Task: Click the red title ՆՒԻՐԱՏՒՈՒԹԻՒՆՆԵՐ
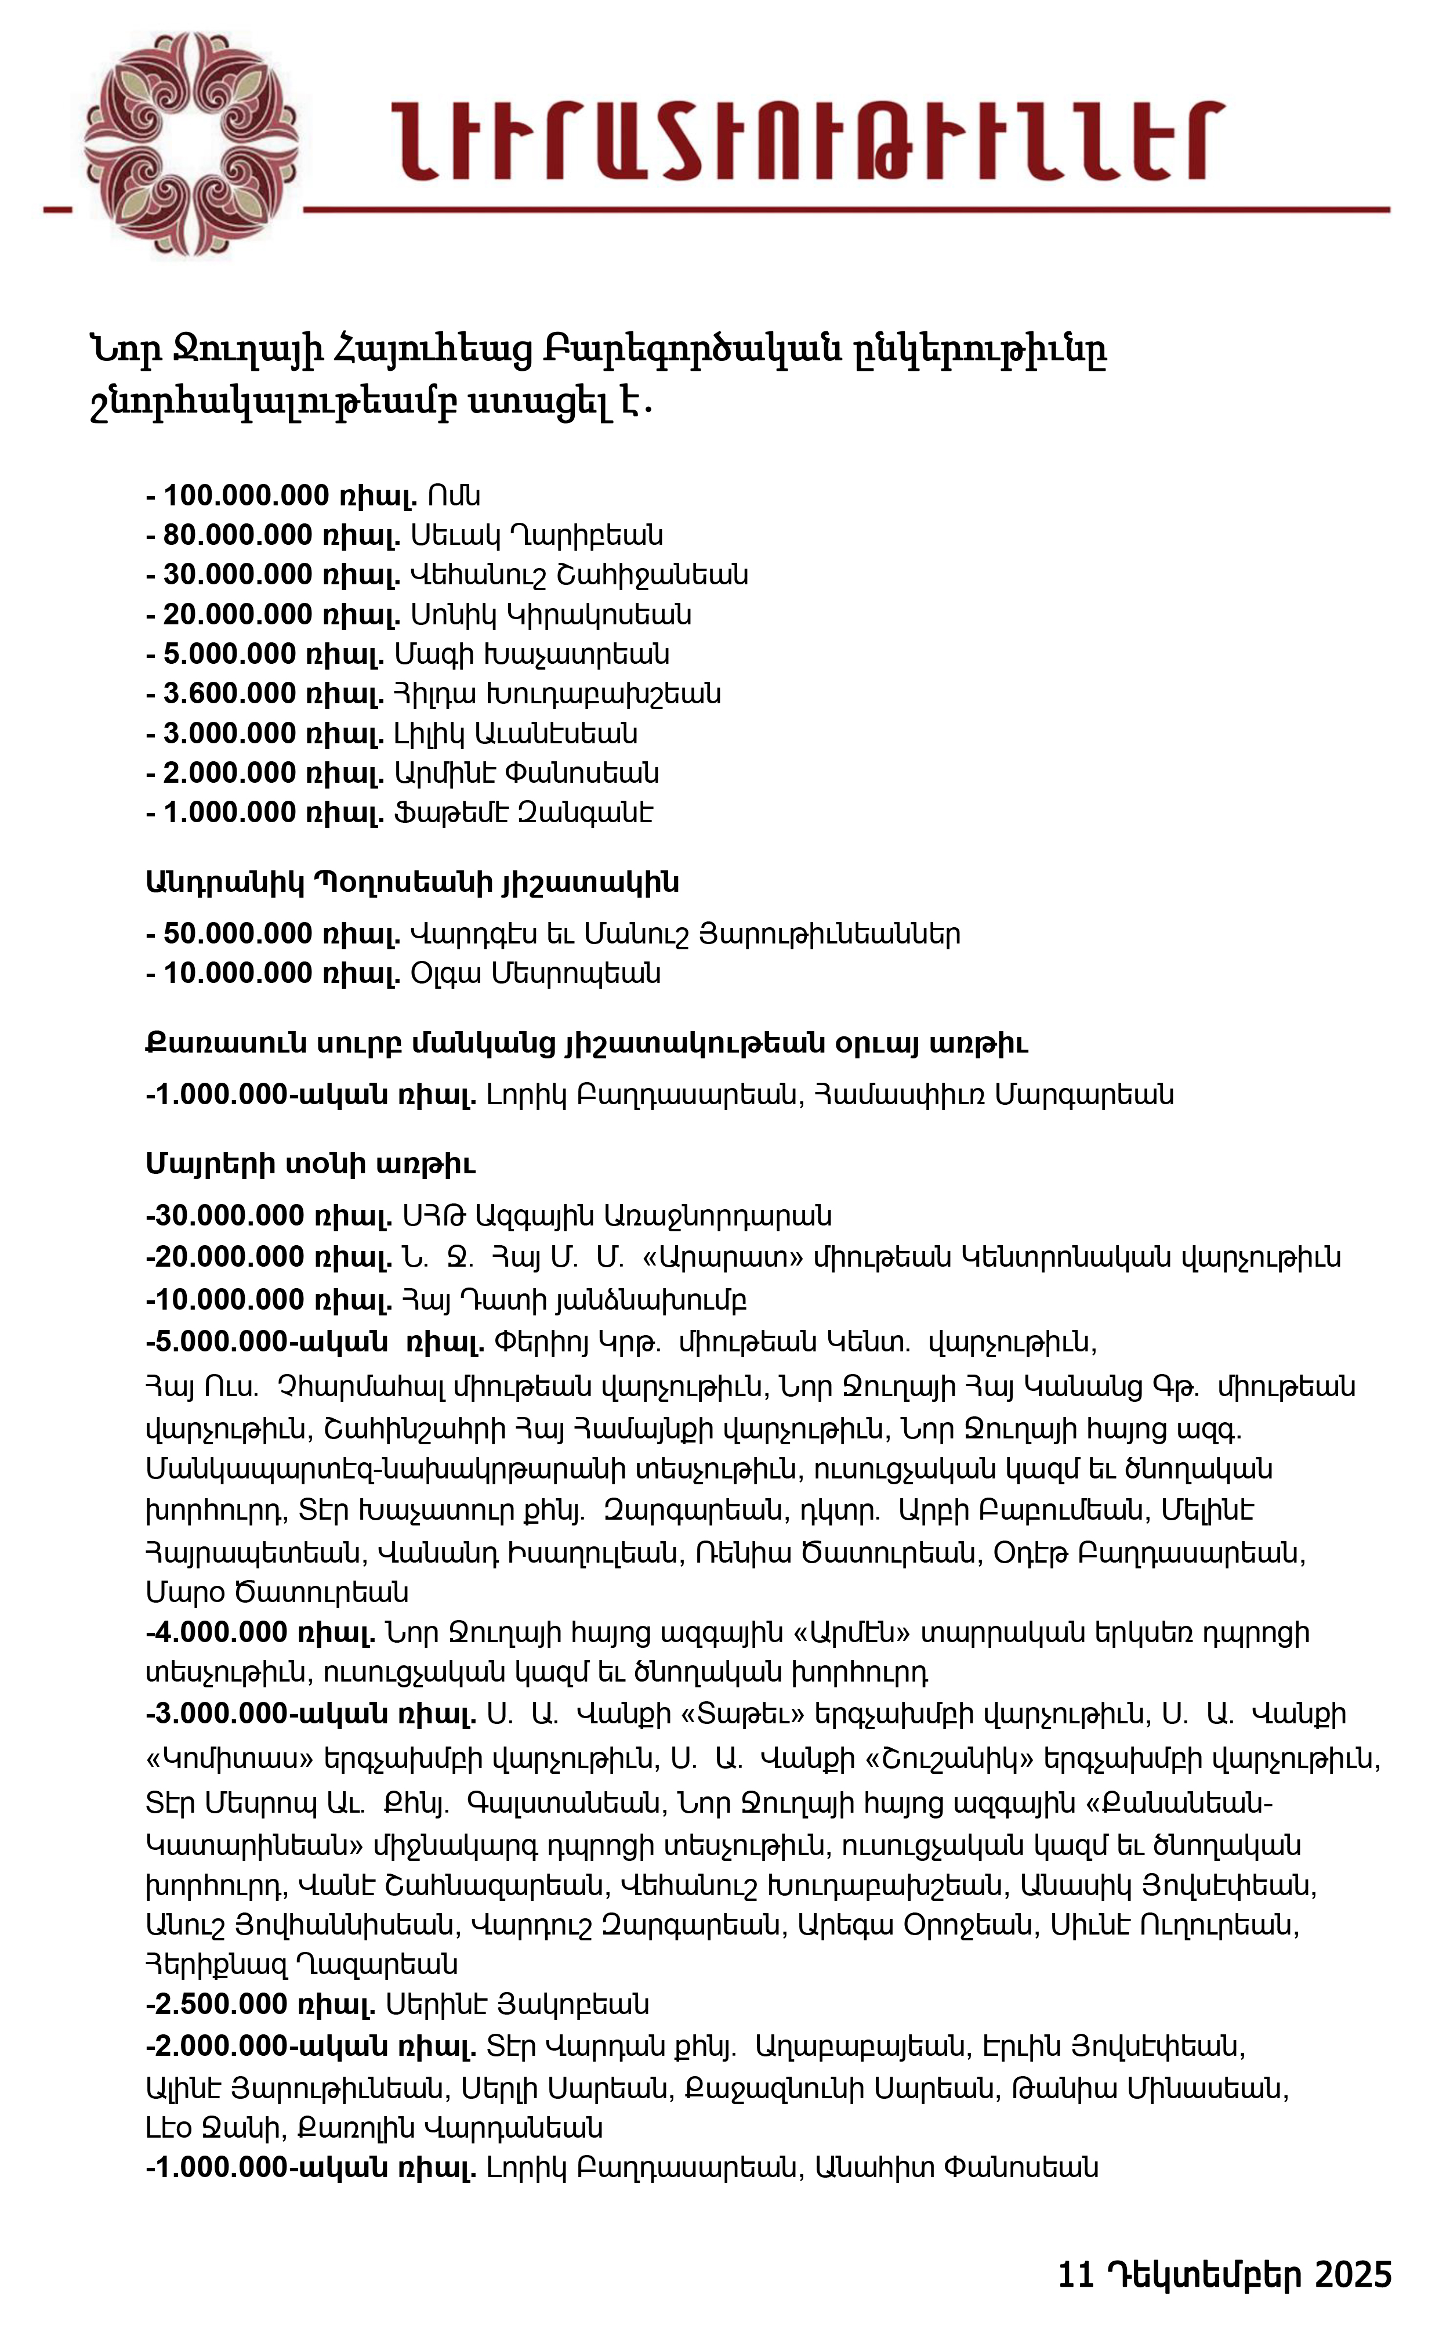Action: click(806, 141)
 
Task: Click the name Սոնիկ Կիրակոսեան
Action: click(550, 614)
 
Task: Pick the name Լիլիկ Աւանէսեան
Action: click(515, 733)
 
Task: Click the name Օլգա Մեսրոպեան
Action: click(535, 974)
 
